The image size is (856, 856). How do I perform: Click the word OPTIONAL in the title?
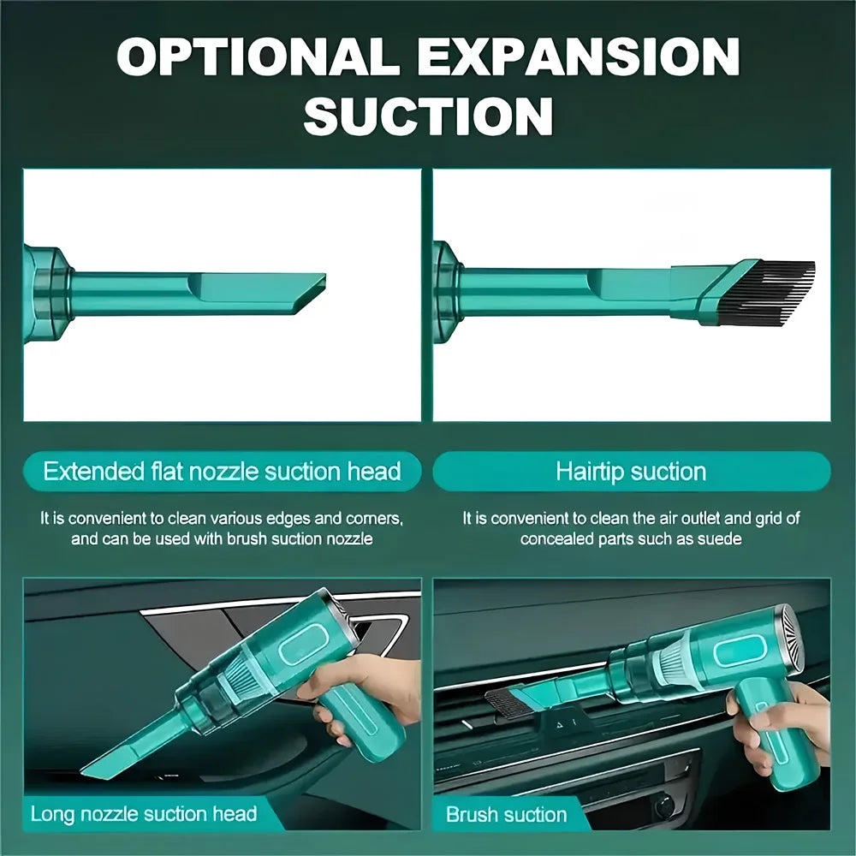click(x=256, y=57)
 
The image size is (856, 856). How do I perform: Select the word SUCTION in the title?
click(x=428, y=116)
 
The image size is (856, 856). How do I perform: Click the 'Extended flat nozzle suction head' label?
click(x=222, y=471)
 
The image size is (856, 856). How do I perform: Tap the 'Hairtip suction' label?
click(x=631, y=471)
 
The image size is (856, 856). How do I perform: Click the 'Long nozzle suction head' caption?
click(x=144, y=812)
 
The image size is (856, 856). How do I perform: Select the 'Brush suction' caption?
click(x=507, y=814)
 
